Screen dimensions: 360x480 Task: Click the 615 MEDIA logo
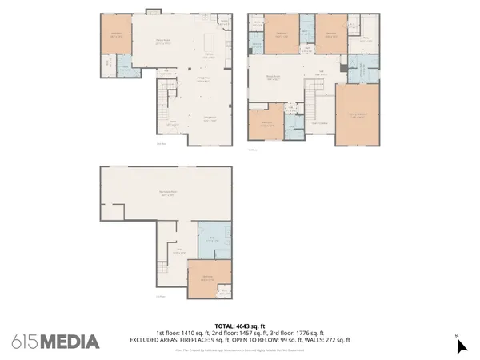pos(55,342)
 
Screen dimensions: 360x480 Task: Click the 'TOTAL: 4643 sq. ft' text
pos(239,326)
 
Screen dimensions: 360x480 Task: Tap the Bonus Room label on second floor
pos(272,78)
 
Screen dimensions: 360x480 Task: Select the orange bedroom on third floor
pos(209,277)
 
